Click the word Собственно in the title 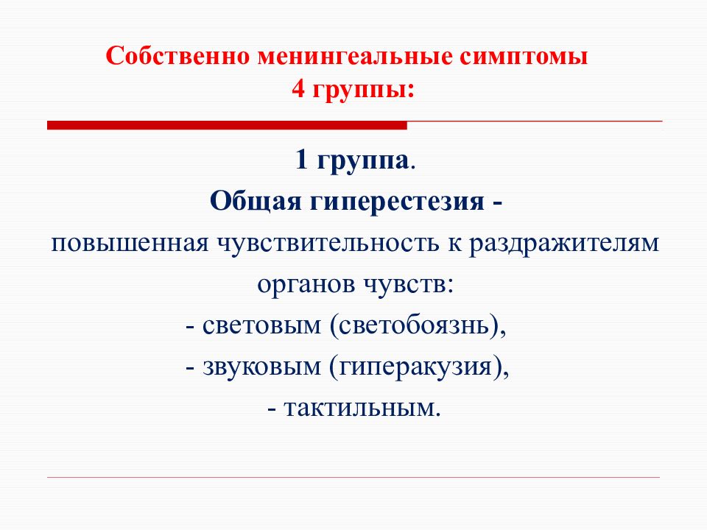coord(177,56)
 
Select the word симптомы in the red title coord(524,57)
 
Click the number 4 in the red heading coord(298,89)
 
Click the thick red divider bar coord(227,125)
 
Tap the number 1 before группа coord(301,160)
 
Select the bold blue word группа coord(363,162)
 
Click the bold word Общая coord(256,201)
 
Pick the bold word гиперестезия coord(397,202)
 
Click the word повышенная coord(130,244)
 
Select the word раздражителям coord(564,244)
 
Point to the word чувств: coord(409,285)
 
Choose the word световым coord(261,326)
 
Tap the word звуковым coord(261,367)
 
